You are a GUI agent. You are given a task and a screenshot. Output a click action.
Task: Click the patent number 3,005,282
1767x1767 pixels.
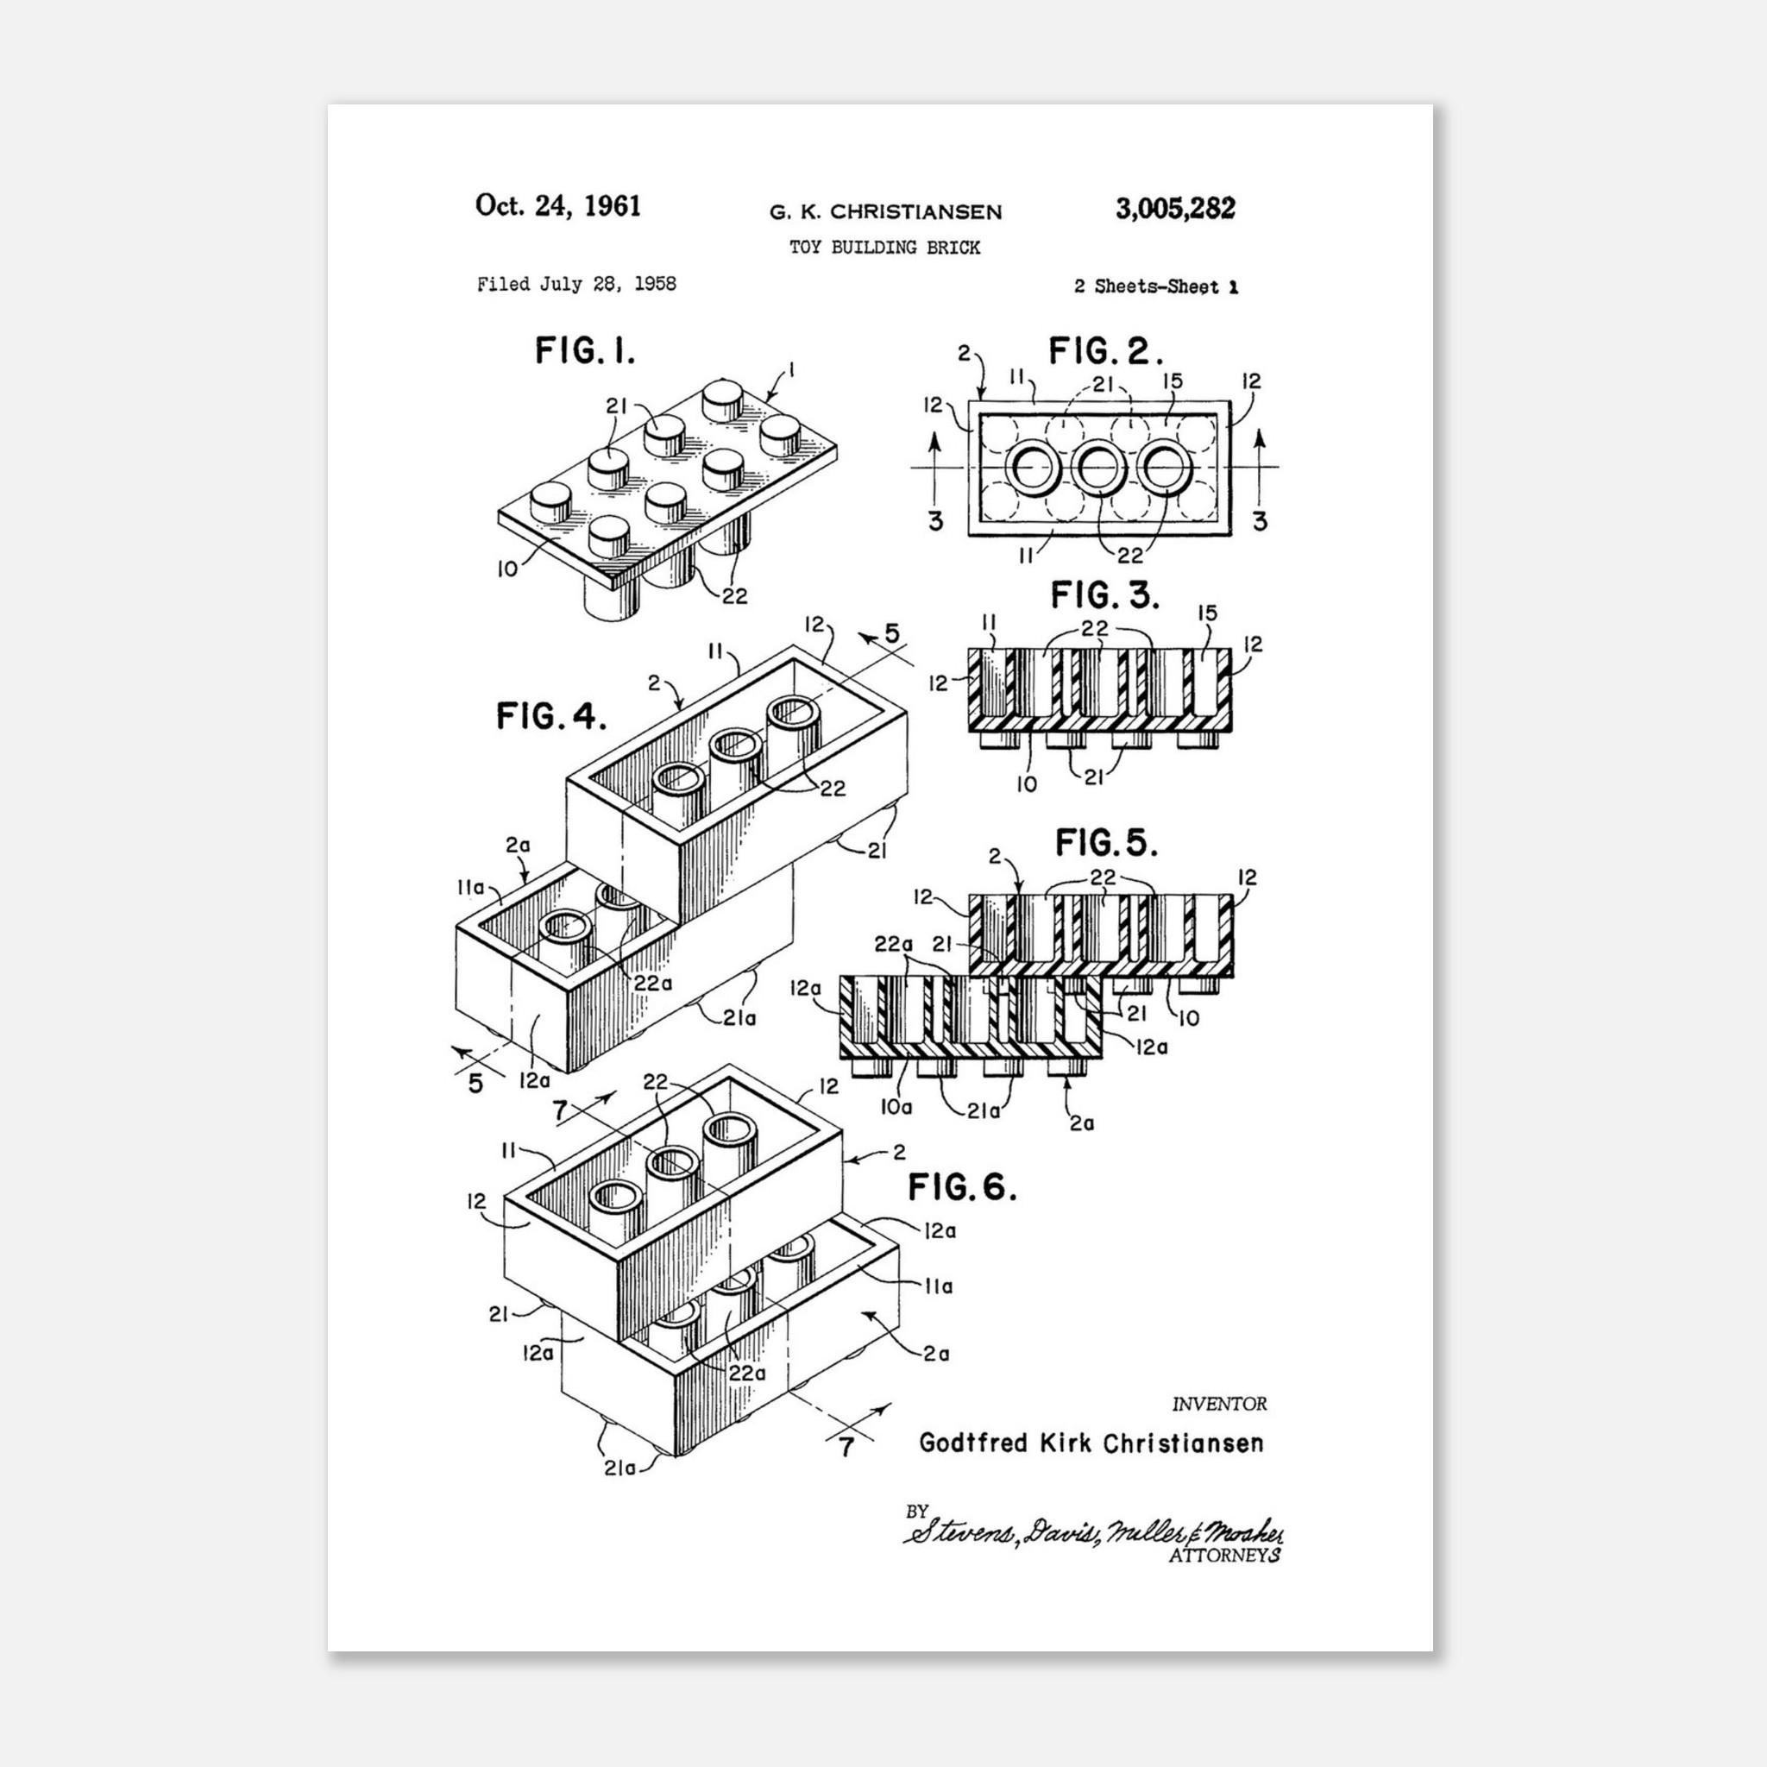click(1174, 209)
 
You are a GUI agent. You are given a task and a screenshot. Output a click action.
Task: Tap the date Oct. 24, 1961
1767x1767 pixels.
click(558, 206)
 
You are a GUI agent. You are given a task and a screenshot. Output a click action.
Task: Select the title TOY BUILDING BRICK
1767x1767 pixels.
click(884, 247)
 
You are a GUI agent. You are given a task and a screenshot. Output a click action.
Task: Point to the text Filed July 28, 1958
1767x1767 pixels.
click(576, 285)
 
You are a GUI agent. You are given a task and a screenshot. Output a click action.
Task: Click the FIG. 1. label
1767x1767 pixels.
click(584, 350)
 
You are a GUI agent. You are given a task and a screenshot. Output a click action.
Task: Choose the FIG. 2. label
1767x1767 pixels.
click(1106, 351)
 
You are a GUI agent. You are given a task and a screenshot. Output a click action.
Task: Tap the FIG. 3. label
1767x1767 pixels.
click(1105, 595)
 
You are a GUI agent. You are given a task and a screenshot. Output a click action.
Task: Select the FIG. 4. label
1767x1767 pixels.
click(551, 715)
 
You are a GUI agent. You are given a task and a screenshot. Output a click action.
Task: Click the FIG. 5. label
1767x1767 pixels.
click(1107, 842)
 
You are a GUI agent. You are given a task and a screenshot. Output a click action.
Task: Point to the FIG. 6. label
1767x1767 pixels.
click(962, 1187)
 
